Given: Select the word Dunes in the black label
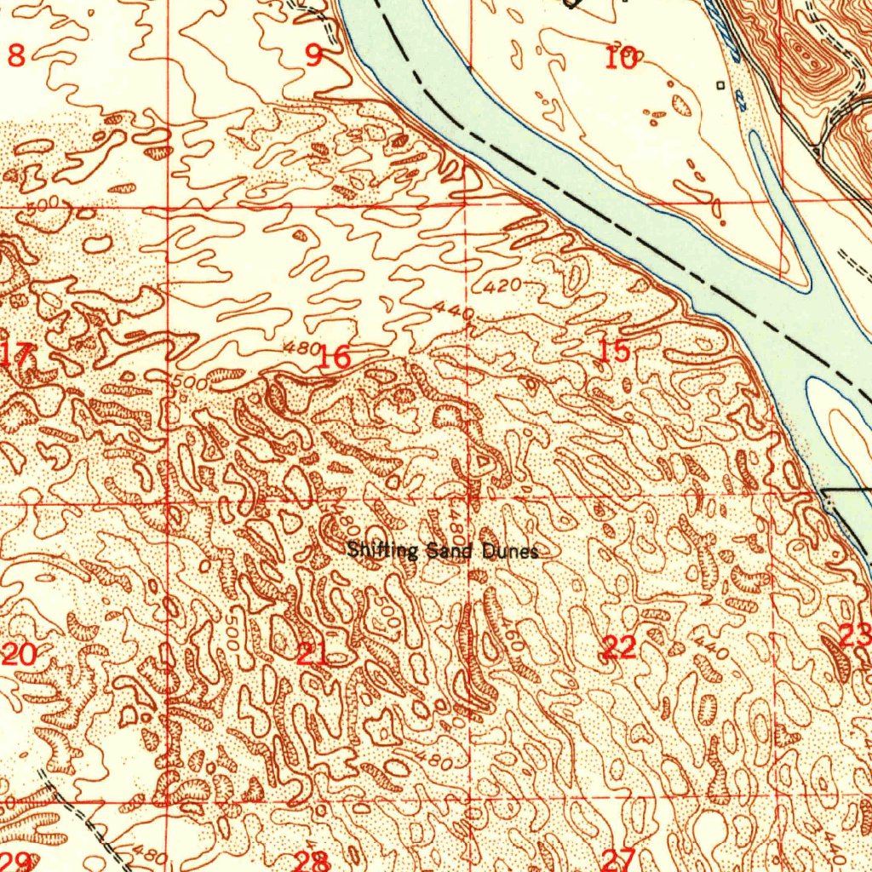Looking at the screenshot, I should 511,552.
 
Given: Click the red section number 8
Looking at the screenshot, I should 16,56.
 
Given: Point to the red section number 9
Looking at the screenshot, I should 314,57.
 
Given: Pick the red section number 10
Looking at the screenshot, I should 621,59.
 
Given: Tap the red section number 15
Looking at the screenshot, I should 614,350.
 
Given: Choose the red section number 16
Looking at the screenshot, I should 334,358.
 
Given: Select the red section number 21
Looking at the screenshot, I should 313,654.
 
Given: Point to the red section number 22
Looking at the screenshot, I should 619,648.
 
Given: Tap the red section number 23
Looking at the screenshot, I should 854,634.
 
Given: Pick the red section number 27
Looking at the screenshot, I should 619,858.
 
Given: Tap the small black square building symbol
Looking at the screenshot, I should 720,85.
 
